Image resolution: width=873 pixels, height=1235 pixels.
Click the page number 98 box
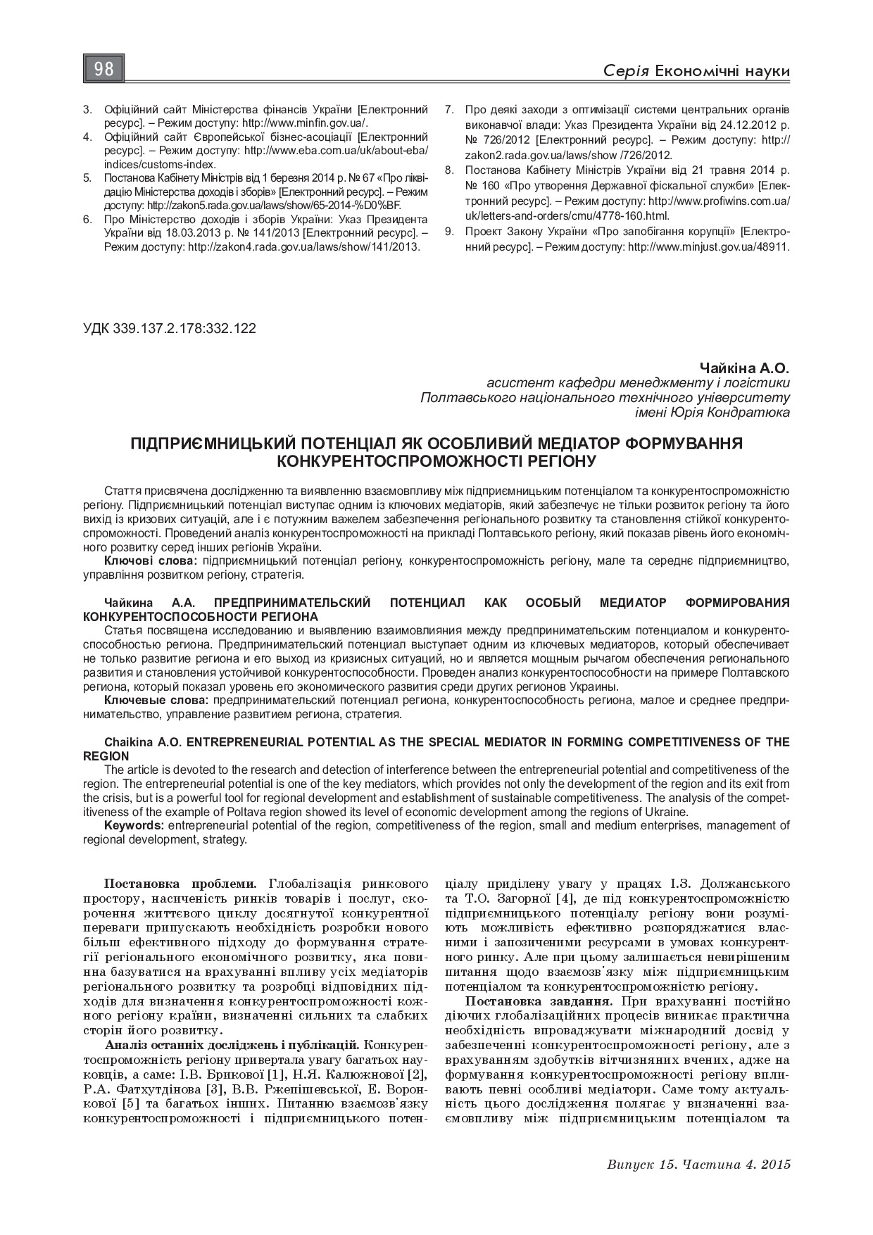pyautogui.click(x=104, y=69)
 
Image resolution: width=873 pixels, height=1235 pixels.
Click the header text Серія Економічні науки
pyautogui.click(x=696, y=72)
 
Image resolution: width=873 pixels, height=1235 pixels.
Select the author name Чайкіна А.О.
pyautogui.click(x=744, y=368)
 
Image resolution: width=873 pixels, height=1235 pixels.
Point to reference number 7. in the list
pyautogui.click(x=448, y=110)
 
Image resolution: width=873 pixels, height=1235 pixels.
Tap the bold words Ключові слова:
pyautogui.click(x=151, y=561)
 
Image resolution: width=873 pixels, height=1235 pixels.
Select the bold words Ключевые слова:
pyautogui.click(x=156, y=701)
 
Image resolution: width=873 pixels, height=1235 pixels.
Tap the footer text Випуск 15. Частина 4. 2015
pyautogui.click(x=698, y=1165)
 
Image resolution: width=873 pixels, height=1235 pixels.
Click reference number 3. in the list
pyautogui.click(x=88, y=110)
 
